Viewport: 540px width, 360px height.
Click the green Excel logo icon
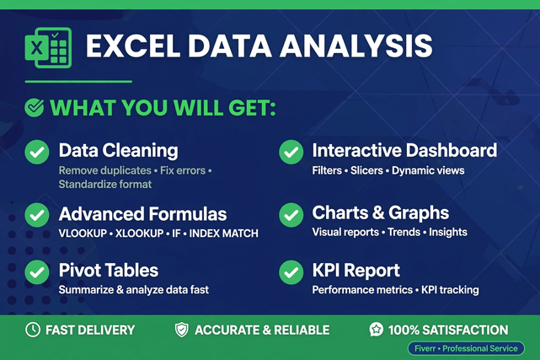pyautogui.click(x=48, y=47)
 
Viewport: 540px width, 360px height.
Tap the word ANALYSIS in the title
pyautogui.click(x=356, y=46)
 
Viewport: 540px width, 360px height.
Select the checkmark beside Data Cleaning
pyautogui.click(x=37, y=152)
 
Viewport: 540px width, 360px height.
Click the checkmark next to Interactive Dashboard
pyautogui.click(x=291, y=152)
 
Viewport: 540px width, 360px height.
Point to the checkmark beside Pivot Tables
pyautogui.click(x=37, y=272)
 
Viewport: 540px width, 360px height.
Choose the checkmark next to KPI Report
pyautogui.click(x=291, y=272)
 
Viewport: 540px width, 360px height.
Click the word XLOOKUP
pyautogui.click(x=140, y=234)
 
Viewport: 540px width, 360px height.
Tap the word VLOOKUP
pyautogui.click(x=83, y=234)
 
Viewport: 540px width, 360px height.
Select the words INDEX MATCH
pyautogui.click(x=223, y=234)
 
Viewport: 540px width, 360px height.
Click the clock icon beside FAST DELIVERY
pyautogui.click(x=33, y=330)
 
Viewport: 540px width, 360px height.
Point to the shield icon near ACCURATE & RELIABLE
pyautogui.click(x=181, y=330)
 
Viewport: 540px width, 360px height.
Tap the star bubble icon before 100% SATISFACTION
pyautogui.click(x=376, y=330)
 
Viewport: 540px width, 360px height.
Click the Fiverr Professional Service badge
pyautogui.click(x=466, y=348)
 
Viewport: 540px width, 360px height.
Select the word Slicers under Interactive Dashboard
pyautogui.click(x=366, y=170)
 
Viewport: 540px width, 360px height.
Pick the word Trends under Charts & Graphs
pyautogui.click(x=404, y=232)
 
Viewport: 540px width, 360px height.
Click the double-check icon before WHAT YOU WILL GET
pyautogui.click(x=34, y=107)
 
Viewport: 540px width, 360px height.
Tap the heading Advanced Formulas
pyautogui.click(x=142, y=214)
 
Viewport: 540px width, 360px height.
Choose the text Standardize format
pyautogui.click(x=105, y=185)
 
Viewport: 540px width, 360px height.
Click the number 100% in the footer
pyautogui.click(x=404, y=330)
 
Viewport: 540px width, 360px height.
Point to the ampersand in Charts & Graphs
pyautogui.click(x=378, y=212)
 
